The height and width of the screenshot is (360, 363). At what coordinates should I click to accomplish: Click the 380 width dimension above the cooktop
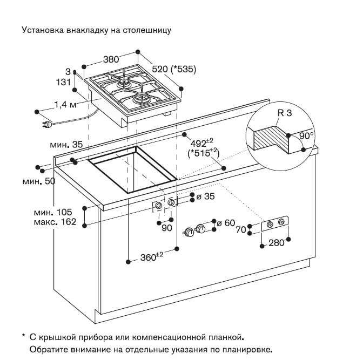tap(111, 59)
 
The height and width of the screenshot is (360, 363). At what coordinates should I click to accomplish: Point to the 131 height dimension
tap(64, 82)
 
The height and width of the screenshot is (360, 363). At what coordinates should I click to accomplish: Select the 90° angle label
tap(306, 137)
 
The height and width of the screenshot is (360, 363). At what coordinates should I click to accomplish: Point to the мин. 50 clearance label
tap(39, 181)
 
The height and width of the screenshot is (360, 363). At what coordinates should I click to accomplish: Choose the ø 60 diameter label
tap(228, 222)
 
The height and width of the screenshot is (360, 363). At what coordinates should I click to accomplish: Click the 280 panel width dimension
tap(276, 243)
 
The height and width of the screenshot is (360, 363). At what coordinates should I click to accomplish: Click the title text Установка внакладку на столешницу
tap(96, 30)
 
